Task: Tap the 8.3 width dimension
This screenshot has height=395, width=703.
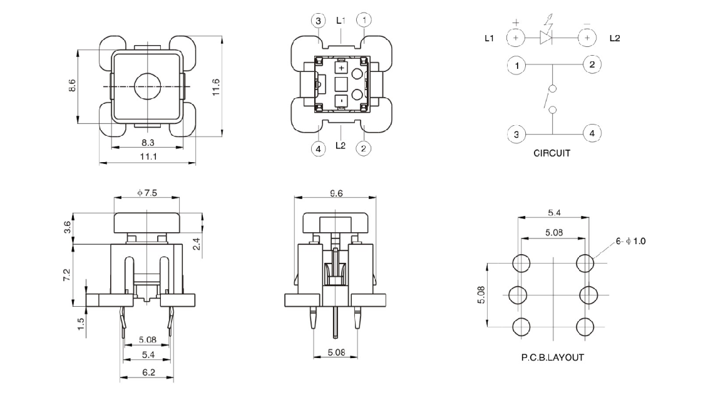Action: click(148, 143)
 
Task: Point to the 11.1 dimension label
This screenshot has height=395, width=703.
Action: click(148, 156)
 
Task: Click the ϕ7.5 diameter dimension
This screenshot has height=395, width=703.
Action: click(146, 193)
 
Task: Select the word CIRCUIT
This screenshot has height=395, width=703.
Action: click(552, 153)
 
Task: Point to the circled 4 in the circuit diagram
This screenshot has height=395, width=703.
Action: click(592, 133)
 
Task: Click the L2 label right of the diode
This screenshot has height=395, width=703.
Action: click(615, 39)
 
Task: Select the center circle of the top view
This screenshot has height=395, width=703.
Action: click(147, 84)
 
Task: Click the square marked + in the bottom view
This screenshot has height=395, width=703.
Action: click(341, 67)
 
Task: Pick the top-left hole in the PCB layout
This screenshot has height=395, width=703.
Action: click(520, 263)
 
